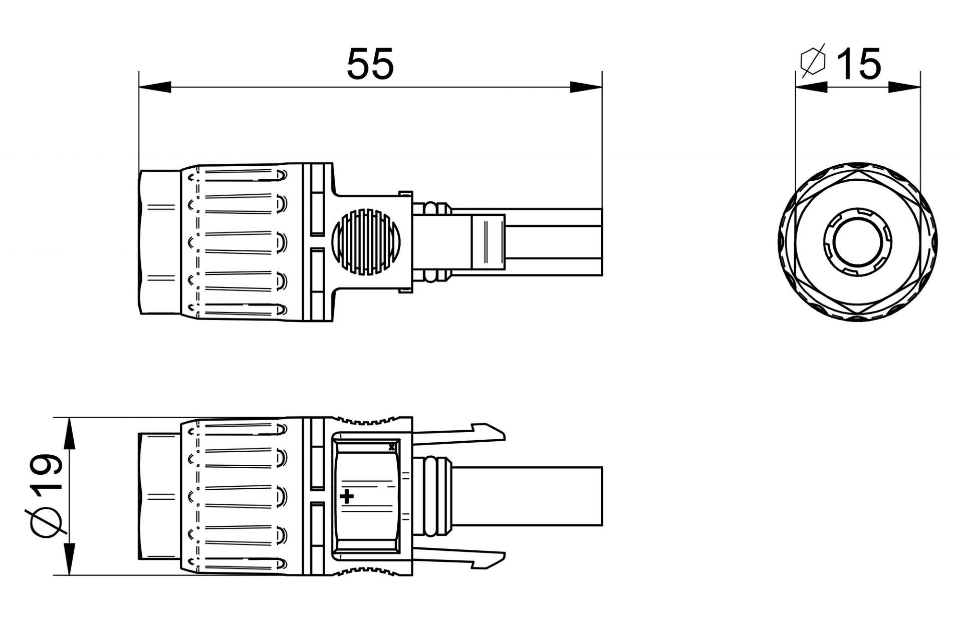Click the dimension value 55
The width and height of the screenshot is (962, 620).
(370, 65)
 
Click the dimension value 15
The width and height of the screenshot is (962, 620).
(859, 65)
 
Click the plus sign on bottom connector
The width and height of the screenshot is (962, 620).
(347, 497)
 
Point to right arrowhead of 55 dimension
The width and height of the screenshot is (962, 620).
(586, 87)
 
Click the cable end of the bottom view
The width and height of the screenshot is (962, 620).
(576, 496)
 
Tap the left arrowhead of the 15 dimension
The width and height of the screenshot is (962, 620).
(811, 87)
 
